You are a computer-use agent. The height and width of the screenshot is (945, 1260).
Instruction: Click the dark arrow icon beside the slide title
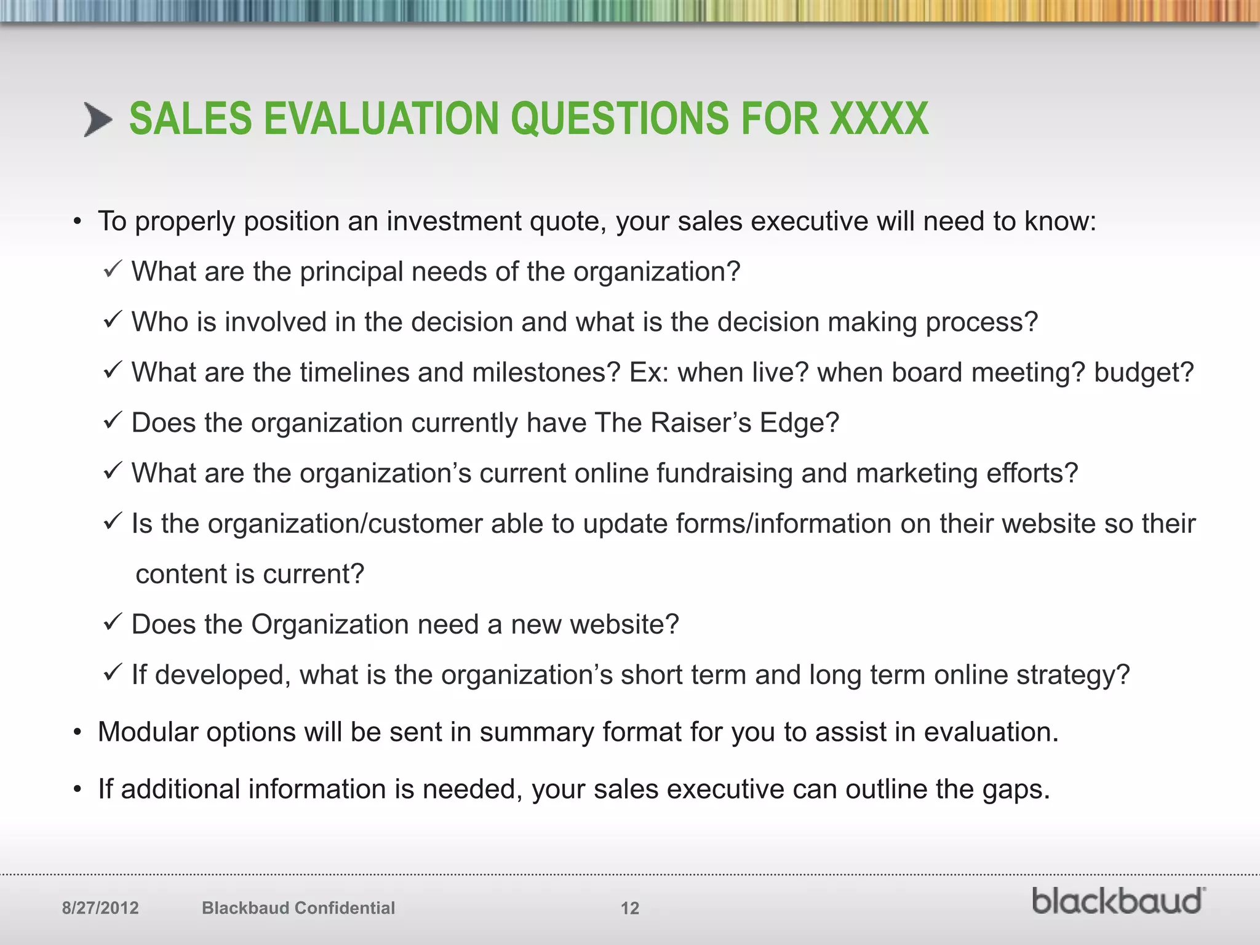tap(98, 120)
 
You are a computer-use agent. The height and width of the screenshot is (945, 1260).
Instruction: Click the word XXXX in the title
tap(879, 119)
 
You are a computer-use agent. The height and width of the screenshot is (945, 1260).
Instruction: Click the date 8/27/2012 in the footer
tap(100, 908)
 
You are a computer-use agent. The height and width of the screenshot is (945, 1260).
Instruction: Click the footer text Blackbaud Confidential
tap(298, 908)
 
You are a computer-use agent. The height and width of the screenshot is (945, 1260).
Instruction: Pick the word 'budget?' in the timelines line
tap(1143, 373)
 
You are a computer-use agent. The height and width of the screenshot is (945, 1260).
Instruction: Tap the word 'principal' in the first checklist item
tap(351, 272)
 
